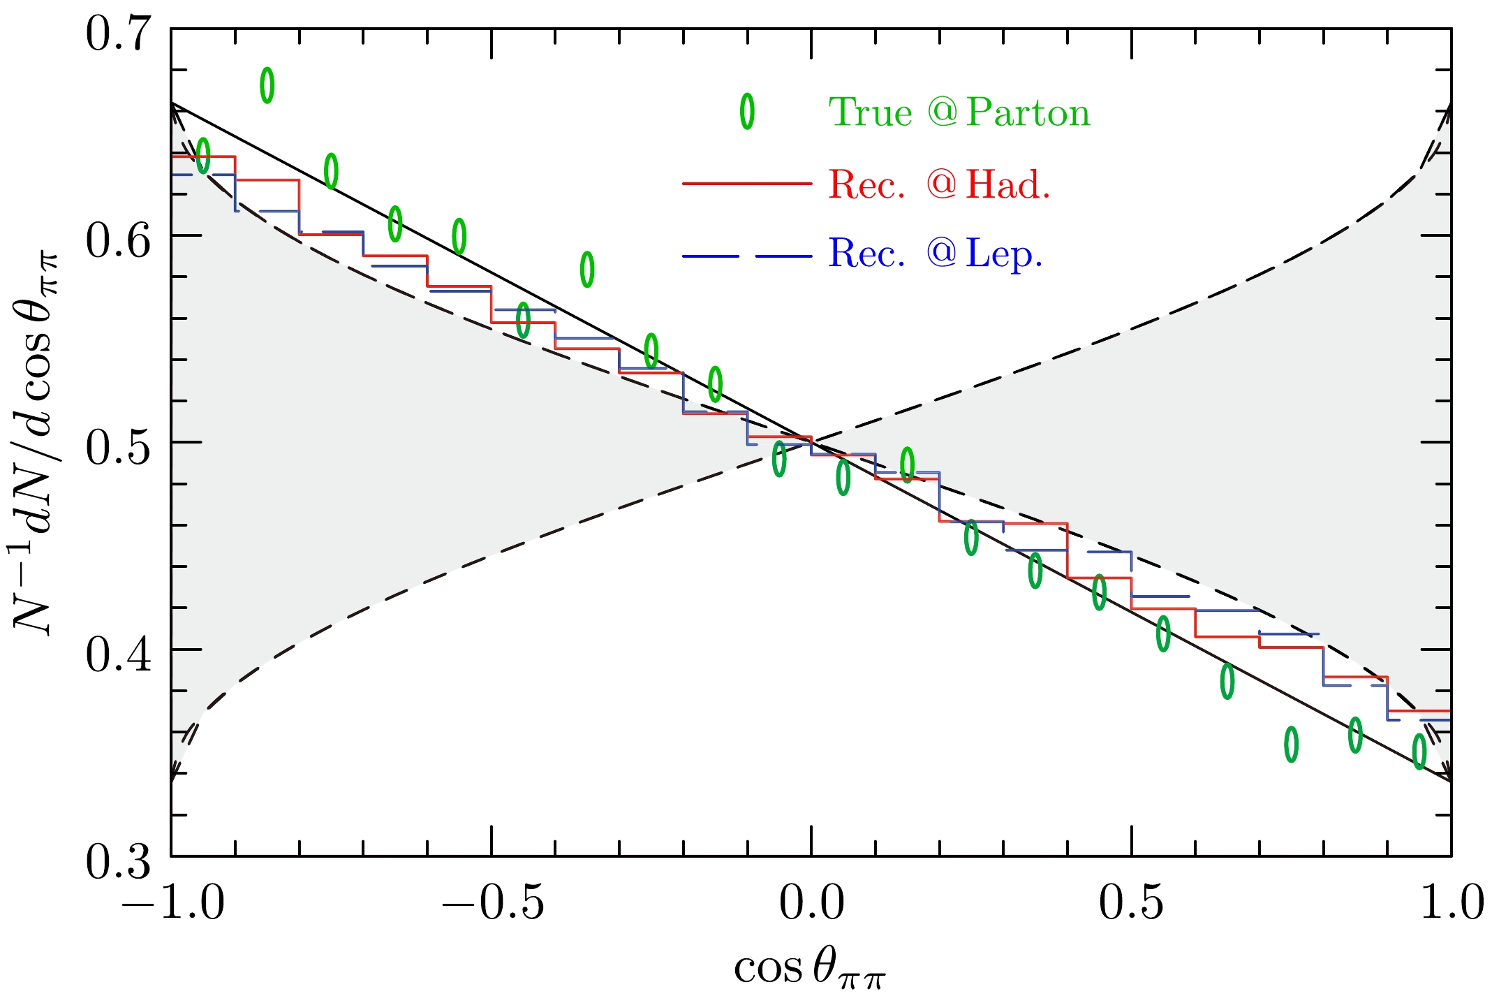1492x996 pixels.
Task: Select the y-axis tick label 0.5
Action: (x=118, y=448)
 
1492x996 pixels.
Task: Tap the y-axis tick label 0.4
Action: (x=118, y=655)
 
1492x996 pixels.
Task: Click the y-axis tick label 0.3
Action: (x=118, y=862)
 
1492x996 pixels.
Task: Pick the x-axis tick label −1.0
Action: (x=173, y=902)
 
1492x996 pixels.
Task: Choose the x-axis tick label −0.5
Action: (x=493, y=902)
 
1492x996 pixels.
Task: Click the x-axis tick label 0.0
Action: (x=811, y=902)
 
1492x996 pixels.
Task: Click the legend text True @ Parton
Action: (x=959, y=112)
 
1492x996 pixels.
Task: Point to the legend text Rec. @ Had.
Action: (x=939, y=185)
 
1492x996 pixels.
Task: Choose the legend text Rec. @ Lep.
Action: (x=936, y=254)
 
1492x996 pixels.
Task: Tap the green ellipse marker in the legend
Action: (x=747, y=111)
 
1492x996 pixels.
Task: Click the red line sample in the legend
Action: (x=747, y=184)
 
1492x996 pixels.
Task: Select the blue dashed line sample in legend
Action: (x=747, y=256)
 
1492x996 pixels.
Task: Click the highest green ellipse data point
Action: (x=267, y=85)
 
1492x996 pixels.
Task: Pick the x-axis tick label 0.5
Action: (x=1131, y=902)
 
